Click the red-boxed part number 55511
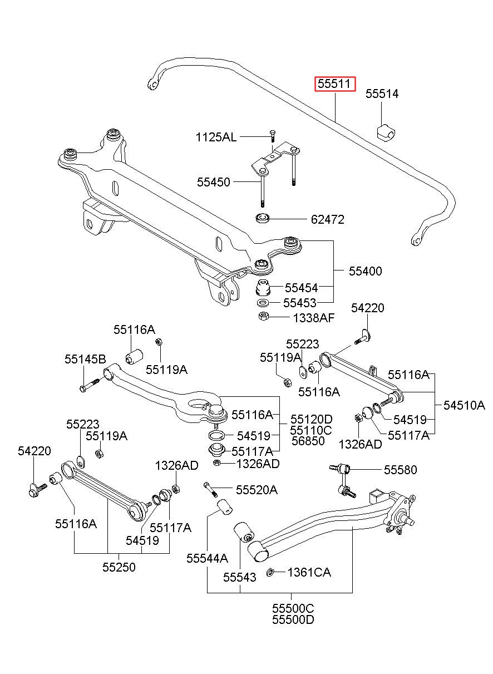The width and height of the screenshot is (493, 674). (x=334, y=84)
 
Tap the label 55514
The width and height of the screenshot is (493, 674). (x=382, y=94)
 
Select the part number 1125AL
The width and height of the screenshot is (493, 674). (x=216, y=137)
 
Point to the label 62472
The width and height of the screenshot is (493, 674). (x=327, y=220)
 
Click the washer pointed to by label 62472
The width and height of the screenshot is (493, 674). (x=263, y=218)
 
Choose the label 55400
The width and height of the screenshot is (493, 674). (x=365, y=271)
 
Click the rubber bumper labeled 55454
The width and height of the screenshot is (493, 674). (x=263, y=288)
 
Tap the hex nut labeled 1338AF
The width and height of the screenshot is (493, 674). (x=263, y=317)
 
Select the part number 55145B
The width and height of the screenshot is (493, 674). (x=85, y=359)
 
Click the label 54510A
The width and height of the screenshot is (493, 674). (x=464, y=406)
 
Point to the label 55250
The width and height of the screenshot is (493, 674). (x=119, y=567)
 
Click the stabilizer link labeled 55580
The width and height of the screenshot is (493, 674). (x=344, y=481)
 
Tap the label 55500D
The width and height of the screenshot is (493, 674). (x=293, y=620)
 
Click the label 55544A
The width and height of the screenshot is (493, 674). (x=207, y=558)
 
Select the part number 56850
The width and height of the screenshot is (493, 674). (x=308, y=441)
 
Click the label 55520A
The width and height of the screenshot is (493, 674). (x=257, y=490)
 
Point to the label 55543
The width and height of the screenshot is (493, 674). (x=239, y=577)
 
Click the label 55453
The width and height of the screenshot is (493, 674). (x=299, y=303)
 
